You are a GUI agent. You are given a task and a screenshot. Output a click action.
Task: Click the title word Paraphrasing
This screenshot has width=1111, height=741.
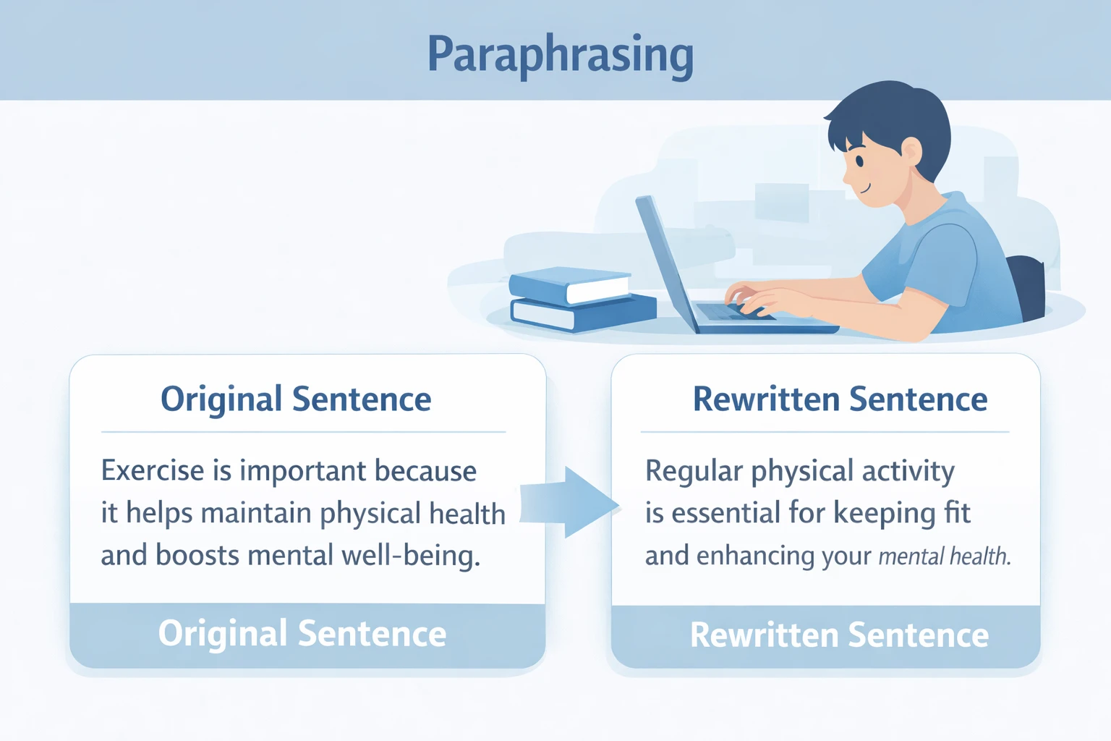(x=561, y=55)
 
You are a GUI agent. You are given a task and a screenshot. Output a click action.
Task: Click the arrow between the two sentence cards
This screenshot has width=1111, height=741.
(x=571, y=502)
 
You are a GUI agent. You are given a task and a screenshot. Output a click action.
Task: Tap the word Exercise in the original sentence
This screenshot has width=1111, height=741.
(x=153, y=471)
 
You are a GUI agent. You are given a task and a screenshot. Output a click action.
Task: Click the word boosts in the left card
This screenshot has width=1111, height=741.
(x=197, y=556)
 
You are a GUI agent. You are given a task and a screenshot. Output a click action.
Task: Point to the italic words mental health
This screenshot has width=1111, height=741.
(x=944, y=556)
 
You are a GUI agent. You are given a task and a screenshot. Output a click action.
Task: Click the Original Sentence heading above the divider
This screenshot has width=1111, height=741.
(x=296, y=399)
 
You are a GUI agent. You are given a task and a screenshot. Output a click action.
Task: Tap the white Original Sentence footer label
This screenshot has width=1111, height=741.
(x=302, y=634)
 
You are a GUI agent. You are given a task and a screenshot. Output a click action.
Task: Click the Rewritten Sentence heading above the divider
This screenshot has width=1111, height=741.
(x=840, y=399)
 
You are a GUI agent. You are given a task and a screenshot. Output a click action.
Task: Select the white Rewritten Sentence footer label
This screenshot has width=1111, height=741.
(x=839, y=635)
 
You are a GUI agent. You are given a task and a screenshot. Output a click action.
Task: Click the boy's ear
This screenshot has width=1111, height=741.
(x=911, y=152)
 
